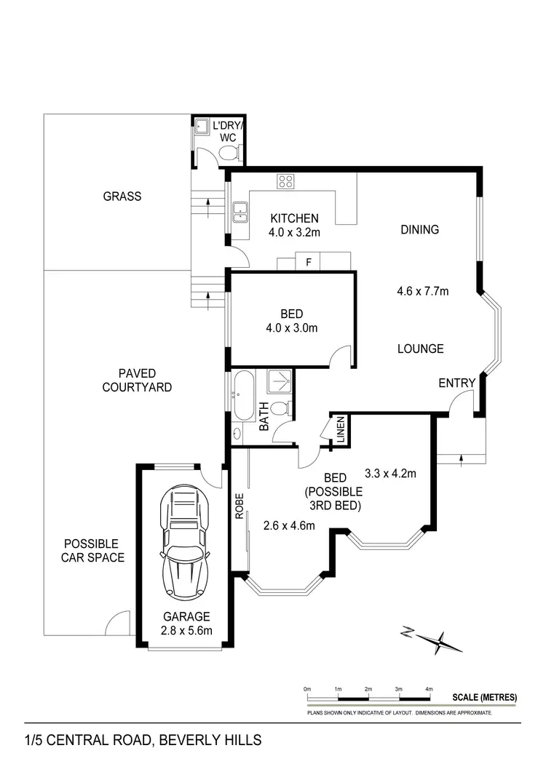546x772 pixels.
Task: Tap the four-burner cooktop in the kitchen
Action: tap(285, 182)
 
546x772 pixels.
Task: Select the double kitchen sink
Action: tap(240, 212)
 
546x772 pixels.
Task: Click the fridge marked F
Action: tap(309, 262)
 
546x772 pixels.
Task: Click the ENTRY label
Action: tap(456, 383)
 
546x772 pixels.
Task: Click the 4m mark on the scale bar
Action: tap(429, 688)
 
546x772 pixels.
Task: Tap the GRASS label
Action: tap(122, 196)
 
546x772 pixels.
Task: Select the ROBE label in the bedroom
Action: tap(238, 506)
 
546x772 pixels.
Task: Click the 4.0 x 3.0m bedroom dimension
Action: tap(291, 328)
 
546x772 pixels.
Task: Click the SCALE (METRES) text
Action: tap(484, 697)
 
